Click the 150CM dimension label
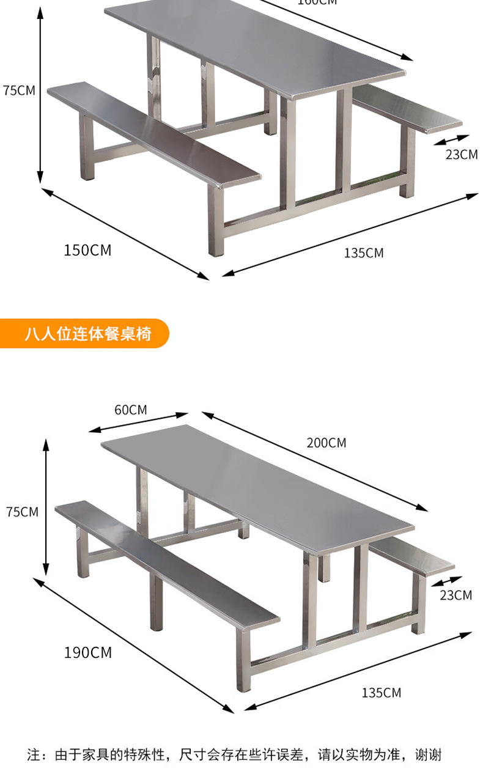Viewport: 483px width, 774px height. (87, 250)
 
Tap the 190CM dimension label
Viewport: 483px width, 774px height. (88, 652)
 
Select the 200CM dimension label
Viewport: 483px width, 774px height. (326, 443)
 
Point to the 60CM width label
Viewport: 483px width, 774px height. (130, 410)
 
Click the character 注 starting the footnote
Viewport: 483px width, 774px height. (34, 755)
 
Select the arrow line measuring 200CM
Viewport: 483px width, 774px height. (315, 462)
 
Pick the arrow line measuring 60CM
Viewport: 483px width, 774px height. (138, 422)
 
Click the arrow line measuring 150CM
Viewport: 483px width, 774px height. (125, 233)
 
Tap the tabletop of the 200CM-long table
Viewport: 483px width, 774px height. (257, 483)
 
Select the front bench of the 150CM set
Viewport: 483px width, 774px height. (153, 131)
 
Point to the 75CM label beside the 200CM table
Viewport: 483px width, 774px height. (22, 512)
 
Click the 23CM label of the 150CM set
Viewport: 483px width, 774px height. (461, 154)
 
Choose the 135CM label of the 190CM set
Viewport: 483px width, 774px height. (381, 693)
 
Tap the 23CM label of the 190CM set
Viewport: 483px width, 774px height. (455, 595)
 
